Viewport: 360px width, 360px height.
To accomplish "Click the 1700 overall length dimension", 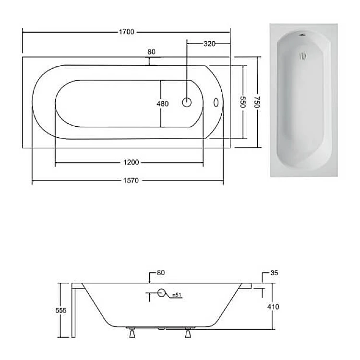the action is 127,32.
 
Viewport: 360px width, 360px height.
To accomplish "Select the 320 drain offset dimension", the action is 209,44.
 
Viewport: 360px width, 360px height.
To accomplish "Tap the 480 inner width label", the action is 163,104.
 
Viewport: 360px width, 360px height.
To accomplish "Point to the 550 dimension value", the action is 243,102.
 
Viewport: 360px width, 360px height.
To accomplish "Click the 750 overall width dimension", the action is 257,102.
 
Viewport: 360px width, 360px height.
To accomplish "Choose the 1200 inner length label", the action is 131,163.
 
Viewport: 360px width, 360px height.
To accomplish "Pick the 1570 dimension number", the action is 131,180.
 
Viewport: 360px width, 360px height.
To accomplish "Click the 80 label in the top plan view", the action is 152,52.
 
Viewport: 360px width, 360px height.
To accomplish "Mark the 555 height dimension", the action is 61,311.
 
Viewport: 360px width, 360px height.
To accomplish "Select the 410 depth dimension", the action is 273,307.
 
